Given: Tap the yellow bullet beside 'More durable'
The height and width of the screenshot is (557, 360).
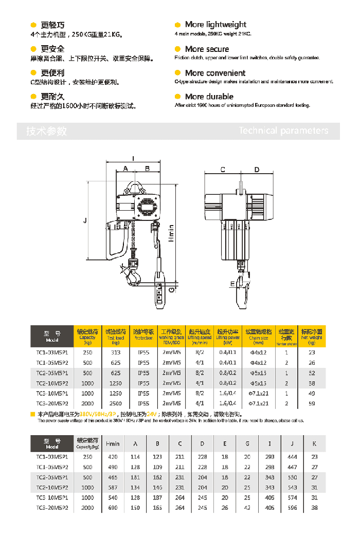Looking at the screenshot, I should pos(178,97).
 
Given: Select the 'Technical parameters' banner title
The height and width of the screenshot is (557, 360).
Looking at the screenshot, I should pos(283,131).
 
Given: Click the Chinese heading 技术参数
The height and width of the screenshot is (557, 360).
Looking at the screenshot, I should pos(47,131).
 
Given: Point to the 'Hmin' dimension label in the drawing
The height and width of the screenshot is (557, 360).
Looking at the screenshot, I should pos(171,234).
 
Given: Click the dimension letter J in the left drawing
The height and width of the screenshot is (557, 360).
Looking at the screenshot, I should pos(85,221).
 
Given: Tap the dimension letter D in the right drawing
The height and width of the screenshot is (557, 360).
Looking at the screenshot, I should pos(257,170).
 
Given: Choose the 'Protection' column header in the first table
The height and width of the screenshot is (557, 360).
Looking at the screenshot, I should pos(143,335).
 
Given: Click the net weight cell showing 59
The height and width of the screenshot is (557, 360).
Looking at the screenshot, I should pos(312,404).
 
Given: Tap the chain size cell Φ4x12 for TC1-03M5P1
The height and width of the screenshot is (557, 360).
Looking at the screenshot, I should pos(259,352).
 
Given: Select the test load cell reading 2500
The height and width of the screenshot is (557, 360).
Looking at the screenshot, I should pos(115,404).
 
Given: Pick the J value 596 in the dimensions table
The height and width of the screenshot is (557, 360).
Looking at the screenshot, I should pos(293,508).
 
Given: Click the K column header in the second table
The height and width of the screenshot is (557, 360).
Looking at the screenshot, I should pos(314,443).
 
